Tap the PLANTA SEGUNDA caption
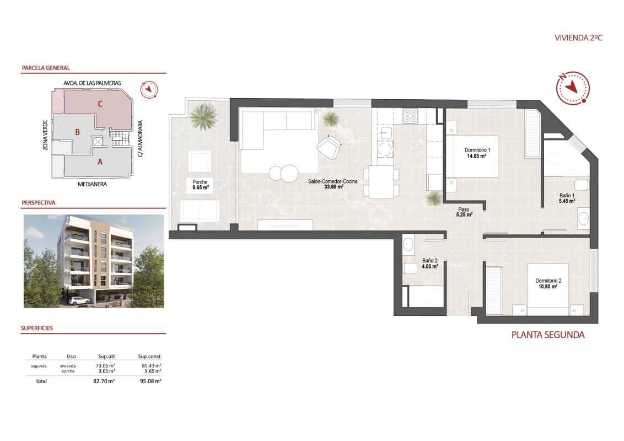pos(547,335)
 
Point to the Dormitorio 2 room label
pos(548,283)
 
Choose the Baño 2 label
pos(430,263)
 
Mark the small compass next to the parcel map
pos(149,88)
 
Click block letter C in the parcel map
pos(100,103)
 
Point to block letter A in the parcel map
pos(100,162)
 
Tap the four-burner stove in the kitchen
pos(410,116)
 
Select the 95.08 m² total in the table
pos(150,381)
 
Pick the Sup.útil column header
pos(106,356)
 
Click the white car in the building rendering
pos(80,300)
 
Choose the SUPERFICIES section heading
pos(37,328)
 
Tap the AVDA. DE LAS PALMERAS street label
pos(92,83)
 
